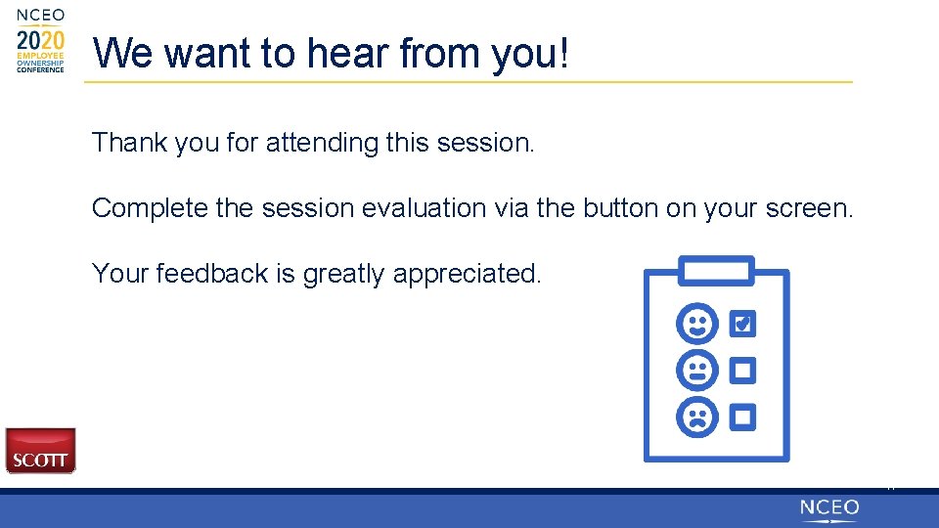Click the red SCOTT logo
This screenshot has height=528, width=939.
click(x=41, y=451)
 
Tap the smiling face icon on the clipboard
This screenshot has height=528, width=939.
click(x=697, y=324)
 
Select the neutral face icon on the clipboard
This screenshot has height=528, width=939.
click(x=697, y=370)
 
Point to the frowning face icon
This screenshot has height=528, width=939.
click(x=697, y=417)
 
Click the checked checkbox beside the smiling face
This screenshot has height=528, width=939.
click(x=742, y=324)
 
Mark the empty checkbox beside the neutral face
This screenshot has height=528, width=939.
click(x=742, y=371)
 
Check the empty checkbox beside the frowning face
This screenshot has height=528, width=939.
click(x=742, y=418)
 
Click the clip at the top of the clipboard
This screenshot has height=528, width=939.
click(x=716, y=271)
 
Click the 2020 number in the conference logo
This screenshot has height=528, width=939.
click(x=40, y=41)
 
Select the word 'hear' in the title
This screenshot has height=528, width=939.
click(x=347, y=53)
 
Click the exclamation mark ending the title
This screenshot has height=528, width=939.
click(x=563, y=53)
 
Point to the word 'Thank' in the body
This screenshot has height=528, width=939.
click(x=129, y=143)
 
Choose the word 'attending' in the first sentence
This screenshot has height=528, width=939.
click(x=322, y=143)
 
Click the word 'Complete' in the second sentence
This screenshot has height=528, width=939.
click(x=150, y=208)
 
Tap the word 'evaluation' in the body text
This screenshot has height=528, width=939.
click(x=424, y=208)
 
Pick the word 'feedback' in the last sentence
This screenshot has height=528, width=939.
click(x=212, y=274)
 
